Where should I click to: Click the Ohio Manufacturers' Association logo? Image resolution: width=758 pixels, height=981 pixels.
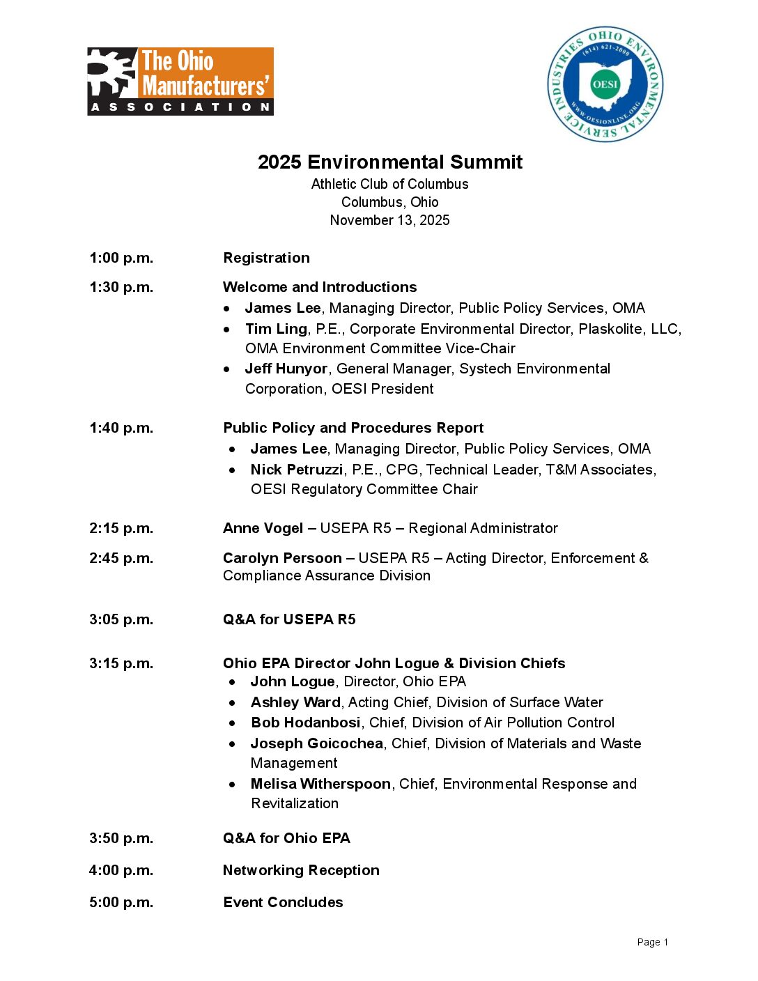coord(180,82)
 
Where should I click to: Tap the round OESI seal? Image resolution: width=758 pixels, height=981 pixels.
coord(605,84)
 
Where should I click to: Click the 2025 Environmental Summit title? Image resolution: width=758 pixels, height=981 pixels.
coord(389,162)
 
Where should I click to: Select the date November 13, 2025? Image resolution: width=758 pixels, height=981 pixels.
coord(389,220)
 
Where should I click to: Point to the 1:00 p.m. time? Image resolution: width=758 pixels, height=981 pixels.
coord(121,258)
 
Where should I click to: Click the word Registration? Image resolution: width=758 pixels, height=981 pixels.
coord(266,258)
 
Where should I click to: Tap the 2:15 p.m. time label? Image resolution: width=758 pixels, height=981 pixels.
coord(121,528)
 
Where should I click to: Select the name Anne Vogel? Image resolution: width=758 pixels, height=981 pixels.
coord(263,528)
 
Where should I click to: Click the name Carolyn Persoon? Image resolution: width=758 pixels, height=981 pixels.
coord(282,558)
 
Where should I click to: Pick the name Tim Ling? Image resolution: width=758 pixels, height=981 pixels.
coord(276,329)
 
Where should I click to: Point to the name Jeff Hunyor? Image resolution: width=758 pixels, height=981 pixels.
coord(286,369)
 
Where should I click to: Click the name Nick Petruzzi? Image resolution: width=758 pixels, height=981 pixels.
coord(297,470)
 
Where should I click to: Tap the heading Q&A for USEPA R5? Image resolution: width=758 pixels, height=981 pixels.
coord(289,619)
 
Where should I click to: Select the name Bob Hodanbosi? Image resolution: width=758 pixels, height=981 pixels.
coord(306,723)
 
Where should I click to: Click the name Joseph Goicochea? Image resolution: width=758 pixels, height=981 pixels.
coord(317,743)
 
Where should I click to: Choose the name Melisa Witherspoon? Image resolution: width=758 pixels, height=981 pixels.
coord(320,784)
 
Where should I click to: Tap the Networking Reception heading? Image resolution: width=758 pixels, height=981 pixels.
coord(301,870)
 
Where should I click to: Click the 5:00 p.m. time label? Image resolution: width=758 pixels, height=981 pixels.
coord(121,902)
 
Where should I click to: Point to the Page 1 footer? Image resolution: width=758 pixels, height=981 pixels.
coord(652,942)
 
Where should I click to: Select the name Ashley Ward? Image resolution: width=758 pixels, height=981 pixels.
coord(295,702)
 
